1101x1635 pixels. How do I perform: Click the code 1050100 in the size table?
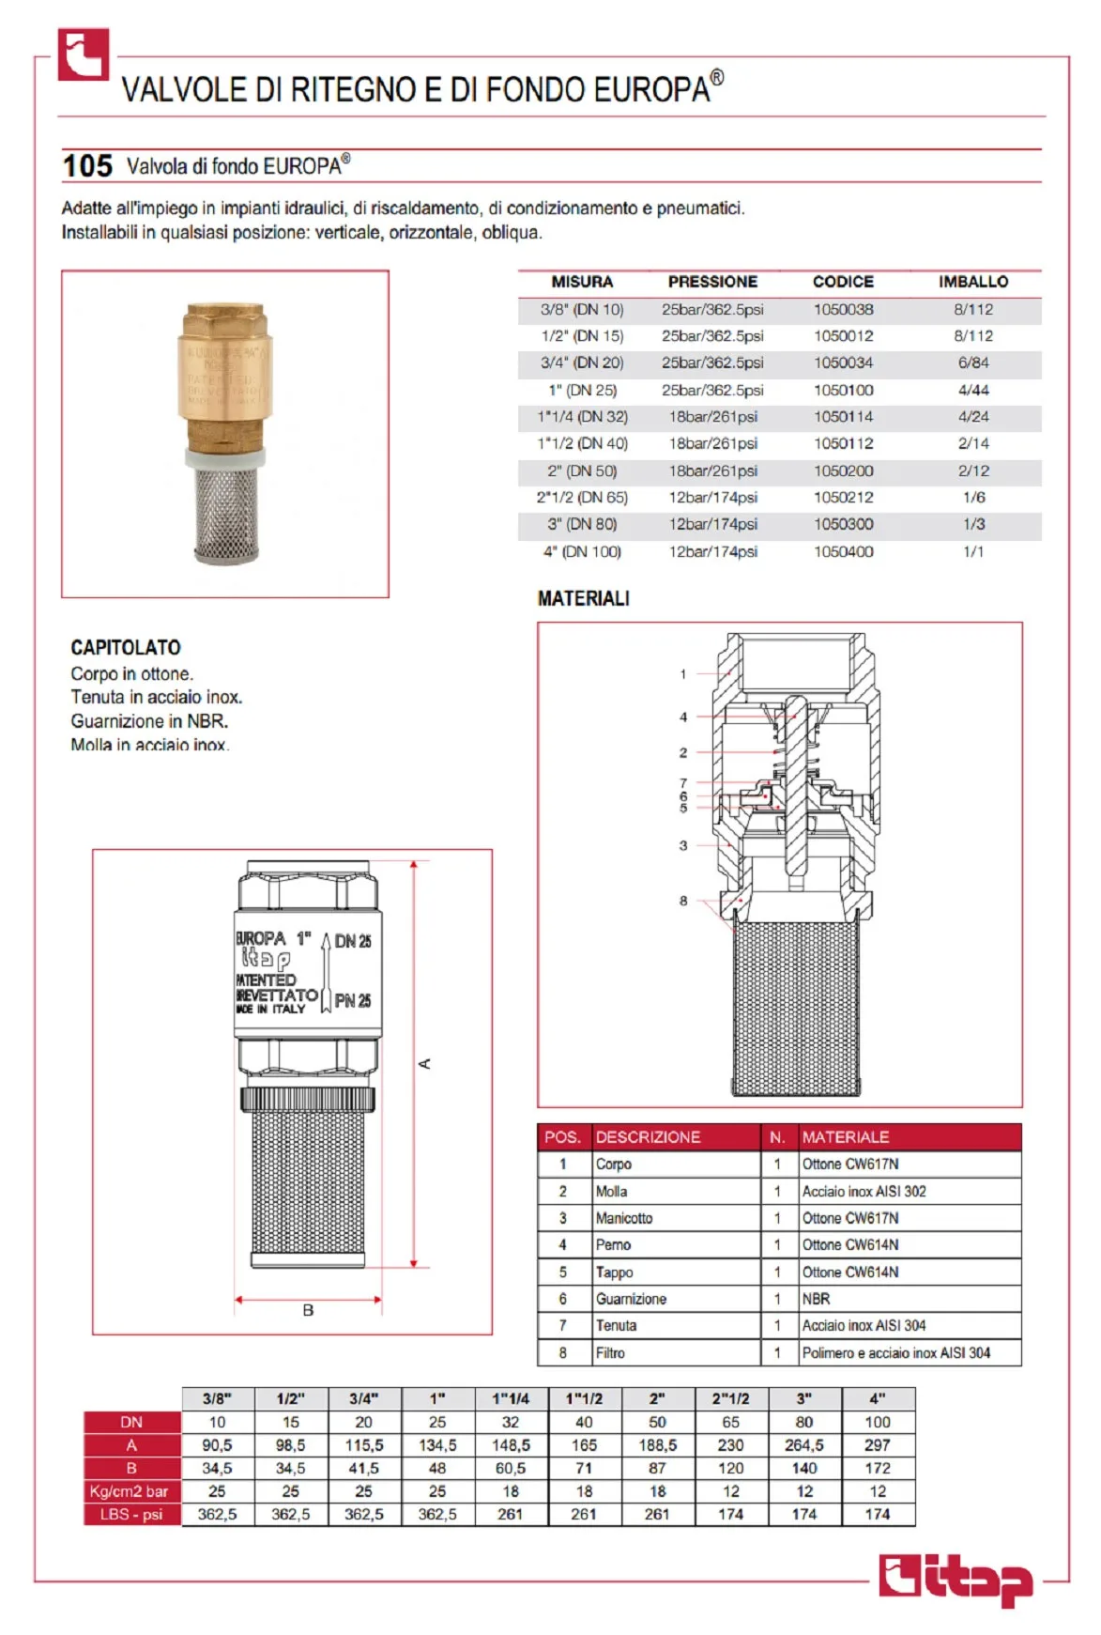[843, 390]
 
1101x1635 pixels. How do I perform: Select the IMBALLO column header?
[972, 282]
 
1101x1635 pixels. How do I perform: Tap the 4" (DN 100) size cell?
[582, 551]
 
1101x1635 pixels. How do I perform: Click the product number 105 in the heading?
[87, 166]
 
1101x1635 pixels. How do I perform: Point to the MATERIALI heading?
[583, 598]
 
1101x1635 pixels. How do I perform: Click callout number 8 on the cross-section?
[683, 901]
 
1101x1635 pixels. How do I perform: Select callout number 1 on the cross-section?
[683, 673]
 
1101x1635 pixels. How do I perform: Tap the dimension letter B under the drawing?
[308, 1310]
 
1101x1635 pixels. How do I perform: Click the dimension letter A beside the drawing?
[424, 1063]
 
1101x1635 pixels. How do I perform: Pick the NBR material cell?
[816, 1299]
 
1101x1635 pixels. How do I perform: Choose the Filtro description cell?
[610, 1352]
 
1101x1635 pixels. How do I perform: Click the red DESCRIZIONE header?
[648, 1137]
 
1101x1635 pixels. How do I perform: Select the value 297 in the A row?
[877, 1445]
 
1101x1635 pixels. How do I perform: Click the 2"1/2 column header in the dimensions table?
[730, 1398]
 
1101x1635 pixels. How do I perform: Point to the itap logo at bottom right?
[956, 1579]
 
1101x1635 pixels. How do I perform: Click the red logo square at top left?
[84, 54]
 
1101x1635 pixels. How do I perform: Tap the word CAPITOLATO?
[126, 647]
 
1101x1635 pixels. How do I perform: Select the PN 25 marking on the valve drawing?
[353, 1001]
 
